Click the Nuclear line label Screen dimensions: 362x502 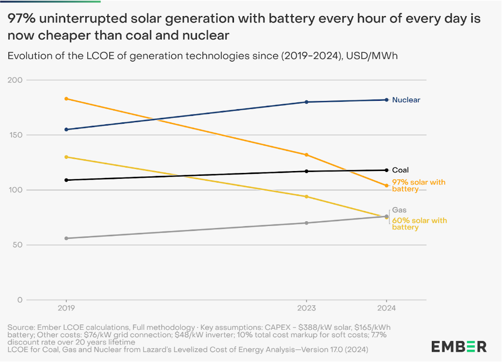406,100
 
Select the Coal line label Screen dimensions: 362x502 400,170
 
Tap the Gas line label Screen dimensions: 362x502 399,210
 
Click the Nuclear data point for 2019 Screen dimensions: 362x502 66,130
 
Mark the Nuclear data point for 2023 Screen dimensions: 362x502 307,102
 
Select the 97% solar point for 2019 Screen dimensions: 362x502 66,99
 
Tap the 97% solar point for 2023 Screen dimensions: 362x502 307,155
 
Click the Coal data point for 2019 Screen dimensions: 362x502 66,180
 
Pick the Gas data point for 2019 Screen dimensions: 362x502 66,238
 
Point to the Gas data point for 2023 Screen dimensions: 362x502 307,223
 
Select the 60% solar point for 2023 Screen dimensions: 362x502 307,196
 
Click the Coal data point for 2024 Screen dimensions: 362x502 386,170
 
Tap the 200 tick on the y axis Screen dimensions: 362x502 17,80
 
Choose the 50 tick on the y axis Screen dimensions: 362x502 18,245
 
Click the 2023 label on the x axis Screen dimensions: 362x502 307,308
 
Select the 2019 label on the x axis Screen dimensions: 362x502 66,308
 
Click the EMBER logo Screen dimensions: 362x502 459,346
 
